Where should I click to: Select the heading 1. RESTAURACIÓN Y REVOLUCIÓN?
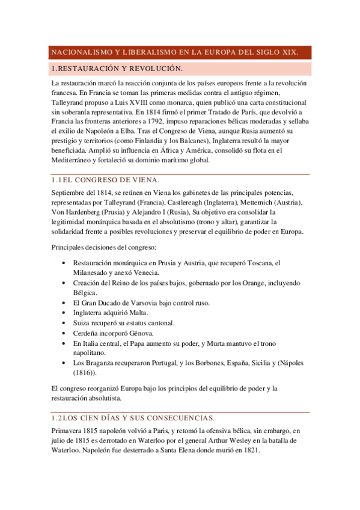117,69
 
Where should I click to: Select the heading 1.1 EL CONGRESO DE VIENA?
105,180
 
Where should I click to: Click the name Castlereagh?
170,203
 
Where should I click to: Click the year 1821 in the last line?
251,450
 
